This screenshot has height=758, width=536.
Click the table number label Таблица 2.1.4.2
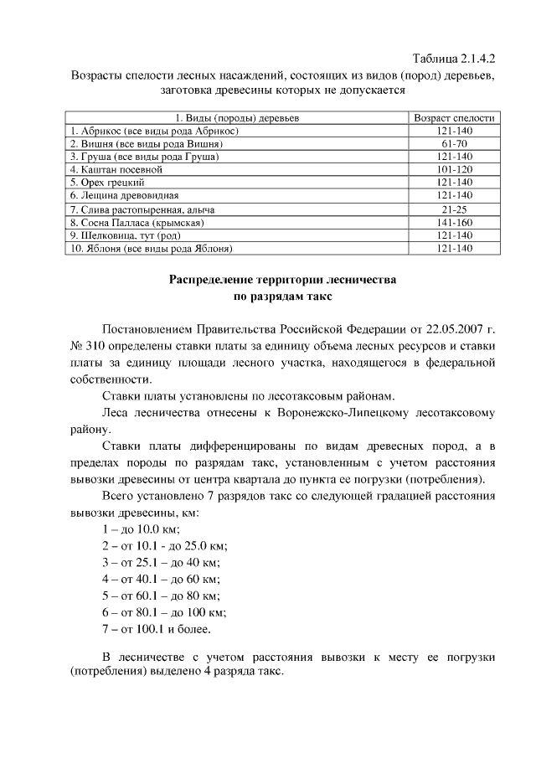(x=455, y=59)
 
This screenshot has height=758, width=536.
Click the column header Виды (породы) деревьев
(x=237, y=118)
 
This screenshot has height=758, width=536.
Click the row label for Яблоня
(x=151, y=249)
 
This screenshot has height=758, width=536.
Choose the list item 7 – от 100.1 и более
(x=156, y=627)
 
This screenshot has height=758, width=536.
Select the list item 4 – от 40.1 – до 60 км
(x=160, y=578)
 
